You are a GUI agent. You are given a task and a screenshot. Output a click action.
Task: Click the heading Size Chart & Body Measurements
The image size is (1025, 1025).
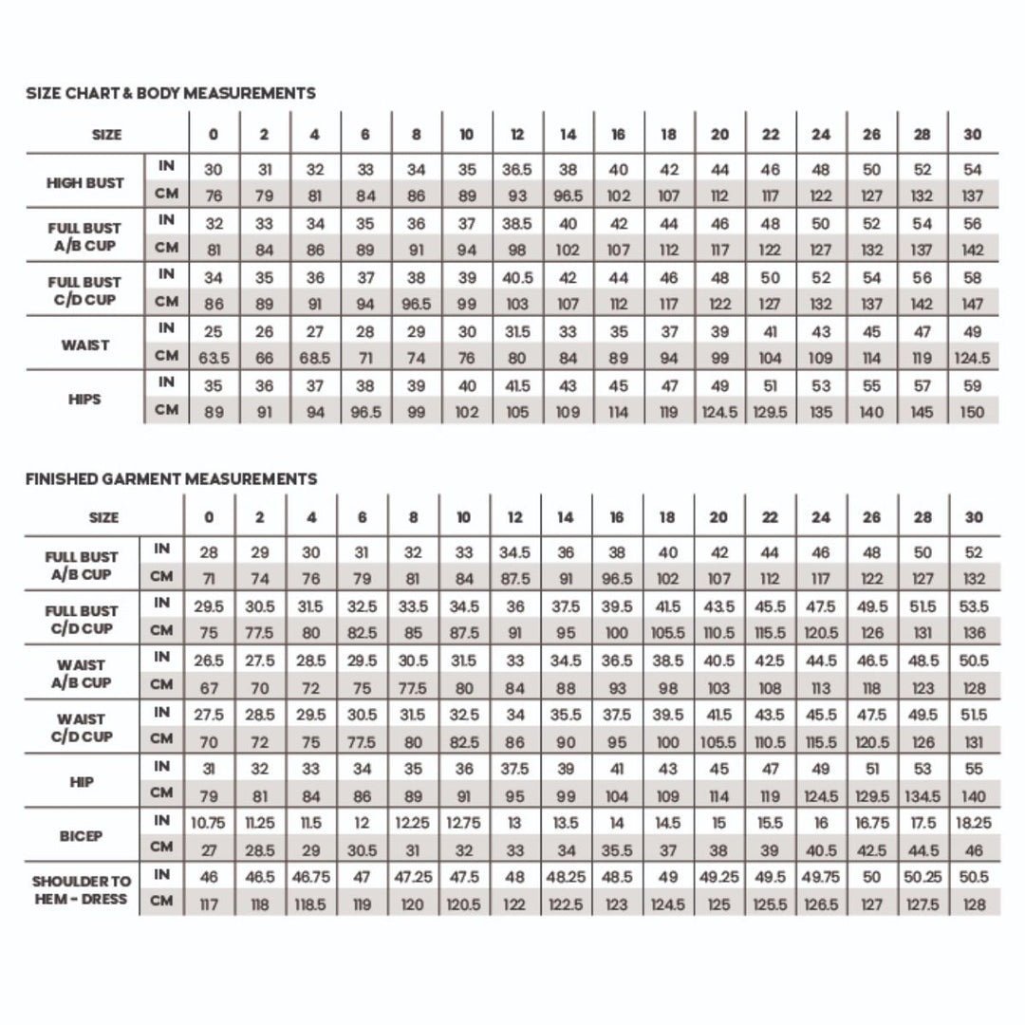tap(171, 93)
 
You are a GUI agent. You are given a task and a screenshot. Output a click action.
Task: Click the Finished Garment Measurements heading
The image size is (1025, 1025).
tap(171, 479)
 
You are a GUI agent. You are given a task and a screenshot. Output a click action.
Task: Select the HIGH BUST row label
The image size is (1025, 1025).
tap(85, 183)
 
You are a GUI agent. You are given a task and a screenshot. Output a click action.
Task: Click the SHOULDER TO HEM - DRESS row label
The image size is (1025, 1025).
tap(81, 890)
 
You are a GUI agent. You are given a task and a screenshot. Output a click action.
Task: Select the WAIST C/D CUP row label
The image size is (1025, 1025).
tap(81, 728)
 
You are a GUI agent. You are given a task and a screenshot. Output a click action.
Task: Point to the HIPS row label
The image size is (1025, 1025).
tap(85, 400)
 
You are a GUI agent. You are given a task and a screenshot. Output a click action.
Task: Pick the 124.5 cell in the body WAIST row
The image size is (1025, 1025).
tap(972, 359)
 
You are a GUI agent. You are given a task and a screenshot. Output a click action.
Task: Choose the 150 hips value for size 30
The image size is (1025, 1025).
tap(972, 413)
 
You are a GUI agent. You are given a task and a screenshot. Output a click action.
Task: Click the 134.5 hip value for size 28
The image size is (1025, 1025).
tap(922, 796)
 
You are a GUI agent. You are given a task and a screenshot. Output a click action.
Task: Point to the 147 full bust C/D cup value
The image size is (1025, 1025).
tap(972, 305)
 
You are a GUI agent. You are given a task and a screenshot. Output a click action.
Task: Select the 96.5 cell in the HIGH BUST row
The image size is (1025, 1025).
tap(568, 196)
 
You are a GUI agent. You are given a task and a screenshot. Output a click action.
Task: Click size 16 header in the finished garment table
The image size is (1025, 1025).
tap(617, 517)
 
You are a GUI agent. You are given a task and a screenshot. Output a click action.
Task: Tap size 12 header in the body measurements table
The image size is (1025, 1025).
tap(517, 135)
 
